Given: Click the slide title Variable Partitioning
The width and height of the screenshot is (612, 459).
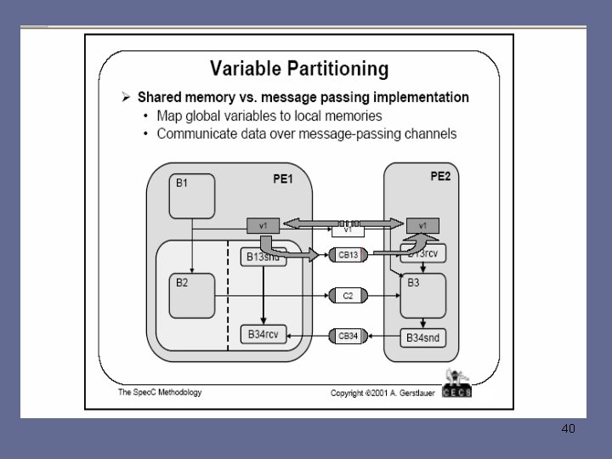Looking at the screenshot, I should click(299, 68).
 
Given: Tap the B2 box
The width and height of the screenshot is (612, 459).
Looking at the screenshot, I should click(190, 294).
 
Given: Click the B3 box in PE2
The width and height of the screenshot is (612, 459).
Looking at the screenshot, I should click(422, 294).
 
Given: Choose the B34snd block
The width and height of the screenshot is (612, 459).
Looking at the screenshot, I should click(422, 338).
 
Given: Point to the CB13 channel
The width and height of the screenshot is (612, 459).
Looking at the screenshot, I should click(348, 254).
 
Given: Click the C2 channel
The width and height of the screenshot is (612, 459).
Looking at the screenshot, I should click(348, 295).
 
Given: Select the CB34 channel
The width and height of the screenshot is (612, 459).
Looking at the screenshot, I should click(348, 337).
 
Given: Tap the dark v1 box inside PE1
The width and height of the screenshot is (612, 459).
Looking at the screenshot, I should click(263, 225).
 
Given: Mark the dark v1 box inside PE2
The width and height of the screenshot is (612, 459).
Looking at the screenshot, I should click(422, 225).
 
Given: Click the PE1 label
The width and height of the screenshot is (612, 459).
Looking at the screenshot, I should click(283, 179).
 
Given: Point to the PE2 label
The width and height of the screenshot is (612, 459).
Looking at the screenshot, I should click(441, 177).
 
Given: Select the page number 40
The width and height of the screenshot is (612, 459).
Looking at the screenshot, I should click(568, 428).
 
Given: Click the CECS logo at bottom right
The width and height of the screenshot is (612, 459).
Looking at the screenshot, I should click(456, 384).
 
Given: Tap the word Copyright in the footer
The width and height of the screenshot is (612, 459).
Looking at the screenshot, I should click(349, 393).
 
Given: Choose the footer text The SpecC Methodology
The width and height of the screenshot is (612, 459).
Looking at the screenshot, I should click(160, 392).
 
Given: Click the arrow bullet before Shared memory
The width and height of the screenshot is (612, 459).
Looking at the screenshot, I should click(124, 98).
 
